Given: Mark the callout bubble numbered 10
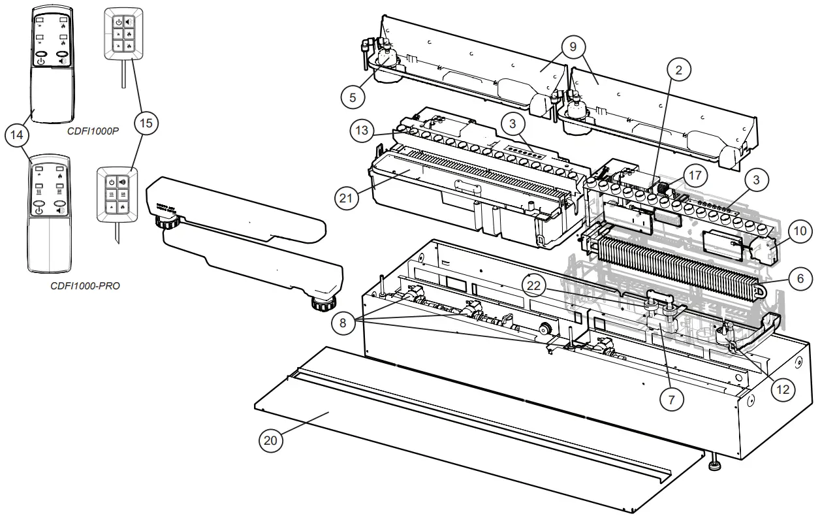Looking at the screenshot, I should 800,231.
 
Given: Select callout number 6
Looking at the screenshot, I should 800,277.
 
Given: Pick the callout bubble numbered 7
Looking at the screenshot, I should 672,396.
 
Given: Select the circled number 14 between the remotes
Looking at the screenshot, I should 17,136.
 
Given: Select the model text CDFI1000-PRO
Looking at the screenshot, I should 85,286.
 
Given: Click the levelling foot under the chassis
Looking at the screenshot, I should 715,466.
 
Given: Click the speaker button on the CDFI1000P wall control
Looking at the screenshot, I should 128,21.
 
